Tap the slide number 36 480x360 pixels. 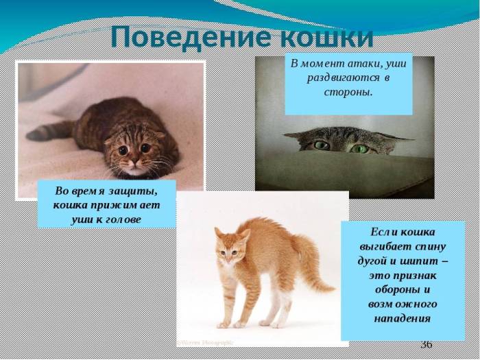[426, 344]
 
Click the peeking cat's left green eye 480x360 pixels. [322, 145]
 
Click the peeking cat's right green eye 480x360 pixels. [359, 148]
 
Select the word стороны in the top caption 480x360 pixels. [348, 91]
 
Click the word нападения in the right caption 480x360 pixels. [403, 318]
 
